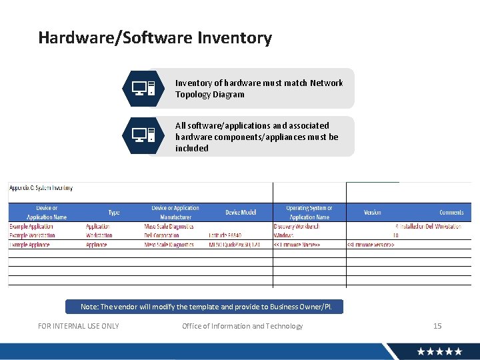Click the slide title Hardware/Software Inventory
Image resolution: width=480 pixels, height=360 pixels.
(x=155, y=38)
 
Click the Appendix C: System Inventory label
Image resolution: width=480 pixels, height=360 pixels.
(x=41, y=188)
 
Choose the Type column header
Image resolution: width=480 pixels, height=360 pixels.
(x=114, y=213)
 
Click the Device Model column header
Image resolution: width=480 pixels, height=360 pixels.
(x=241, y=213)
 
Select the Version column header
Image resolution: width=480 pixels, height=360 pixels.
(x=373, y=213)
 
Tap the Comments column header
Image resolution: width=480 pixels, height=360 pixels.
(x=451, y=213)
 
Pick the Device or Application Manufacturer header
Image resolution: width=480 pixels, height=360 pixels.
(x=175, y=213)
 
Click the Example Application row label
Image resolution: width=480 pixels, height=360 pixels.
(x=32, y=227)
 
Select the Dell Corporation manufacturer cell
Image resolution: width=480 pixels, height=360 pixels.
(x=161, y=235)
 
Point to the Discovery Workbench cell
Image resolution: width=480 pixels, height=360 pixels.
(x=297, y=227)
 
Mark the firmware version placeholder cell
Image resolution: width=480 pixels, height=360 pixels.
(x=371, y=245)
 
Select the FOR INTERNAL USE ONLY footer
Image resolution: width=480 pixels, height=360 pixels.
(x=79, y=326)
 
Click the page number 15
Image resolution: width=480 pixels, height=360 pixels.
(x=437, y=326)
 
